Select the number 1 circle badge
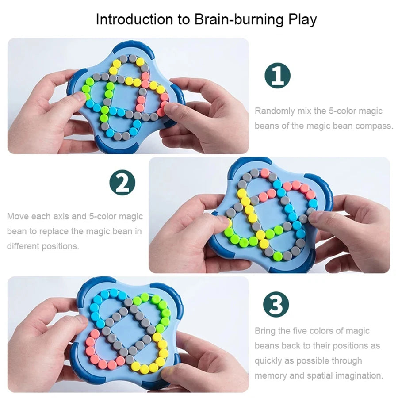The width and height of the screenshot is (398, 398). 277,76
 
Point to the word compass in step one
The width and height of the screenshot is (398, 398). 375,126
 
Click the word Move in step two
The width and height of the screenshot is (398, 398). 17,217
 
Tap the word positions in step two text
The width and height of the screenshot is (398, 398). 60,246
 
